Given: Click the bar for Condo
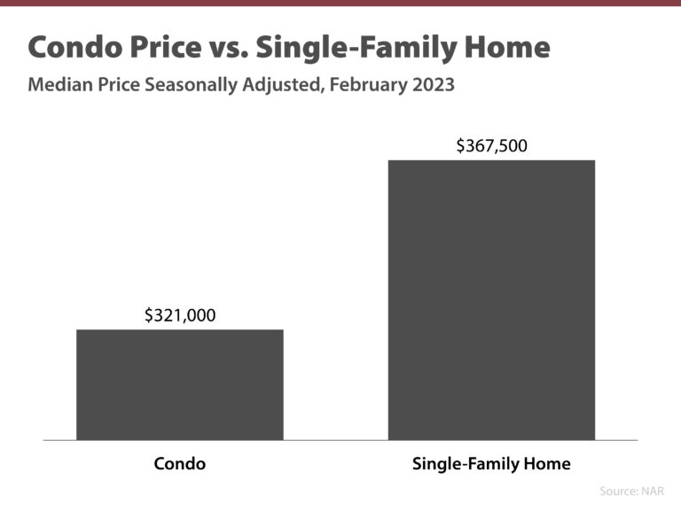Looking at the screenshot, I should (180, 384).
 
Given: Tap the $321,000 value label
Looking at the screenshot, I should (180, 314).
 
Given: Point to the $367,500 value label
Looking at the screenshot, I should (491, 145).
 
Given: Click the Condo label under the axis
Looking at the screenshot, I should (180, 464).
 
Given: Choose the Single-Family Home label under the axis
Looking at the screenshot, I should (491, 464).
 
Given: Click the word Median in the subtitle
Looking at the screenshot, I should (59, 87).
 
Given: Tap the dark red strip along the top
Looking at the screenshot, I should (340, 3).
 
